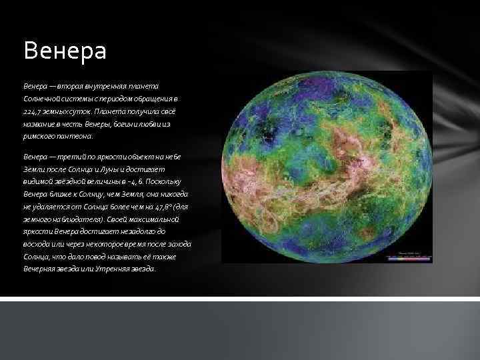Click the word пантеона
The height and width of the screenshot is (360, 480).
67,135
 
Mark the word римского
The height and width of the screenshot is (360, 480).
37,135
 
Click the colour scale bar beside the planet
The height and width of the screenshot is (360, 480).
414,257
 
